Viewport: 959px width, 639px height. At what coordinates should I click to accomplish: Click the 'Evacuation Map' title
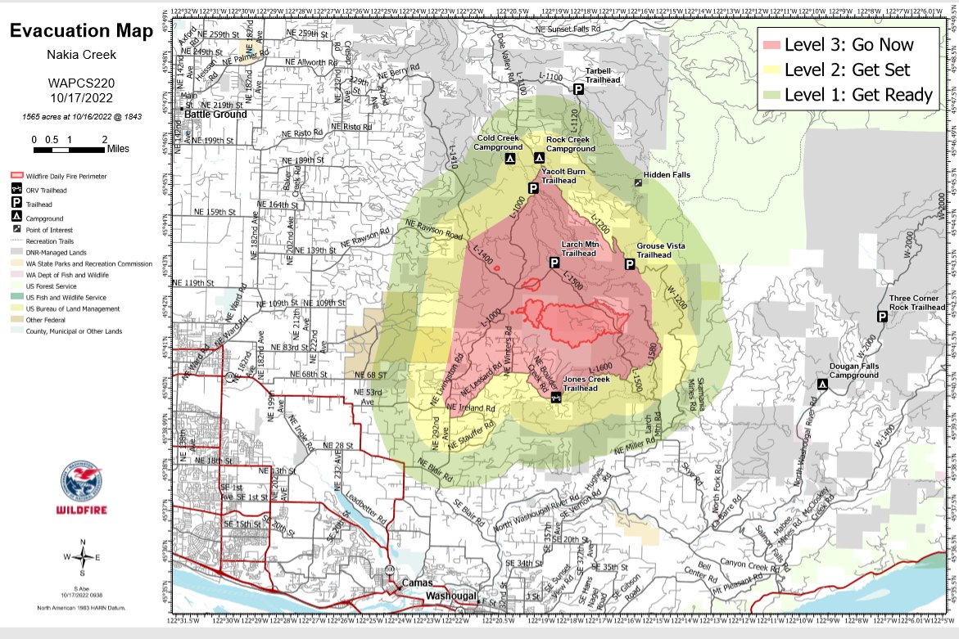pyautogui.click(x=80, y=32)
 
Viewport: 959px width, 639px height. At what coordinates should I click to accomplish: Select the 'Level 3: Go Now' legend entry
pyautogui.click(x=848, y=44)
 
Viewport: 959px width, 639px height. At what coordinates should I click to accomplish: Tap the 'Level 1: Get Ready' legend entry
pyautogui.click(x=848, y=95)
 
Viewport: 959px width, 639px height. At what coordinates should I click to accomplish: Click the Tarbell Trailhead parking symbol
pyautogui.click(x=578, y=89)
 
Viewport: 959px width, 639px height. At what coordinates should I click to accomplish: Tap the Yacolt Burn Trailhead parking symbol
pyautogui.click(x=532, y=188)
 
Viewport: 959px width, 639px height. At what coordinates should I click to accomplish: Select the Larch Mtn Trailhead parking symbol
pyautogui.click(x=577, y=263)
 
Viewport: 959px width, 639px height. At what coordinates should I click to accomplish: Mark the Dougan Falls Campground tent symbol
pyautogui.click(x=821, y=385)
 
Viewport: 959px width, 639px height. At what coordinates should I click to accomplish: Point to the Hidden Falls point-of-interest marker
pyautogui.click(x=639, y=184)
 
